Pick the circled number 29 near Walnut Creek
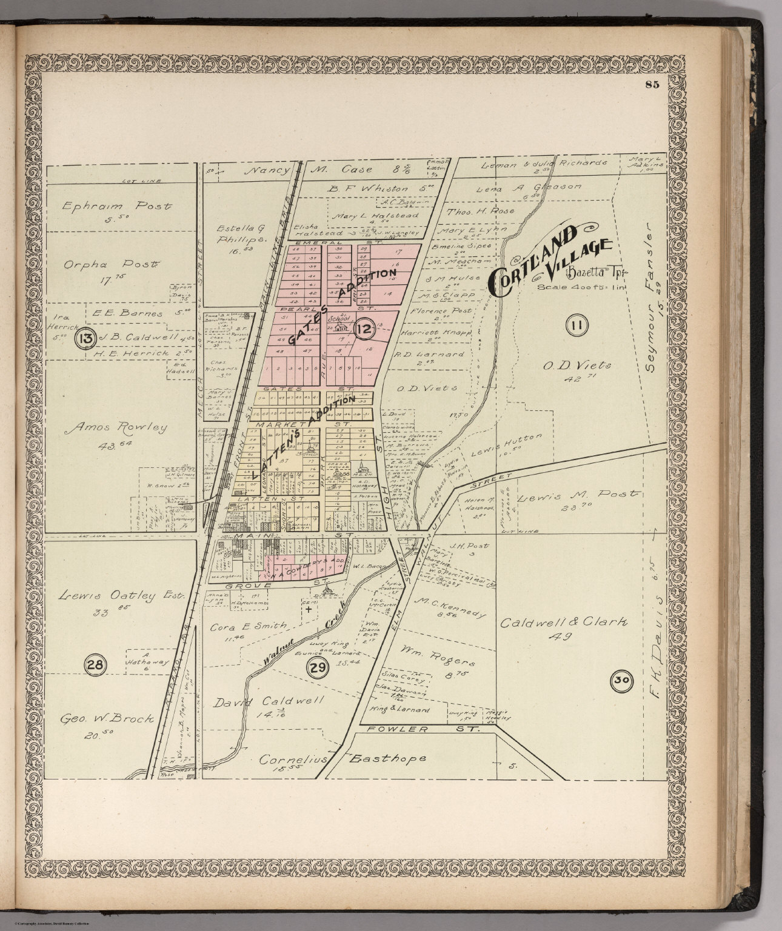click(x=316, y=669)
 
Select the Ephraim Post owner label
click(x=116, y=206)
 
